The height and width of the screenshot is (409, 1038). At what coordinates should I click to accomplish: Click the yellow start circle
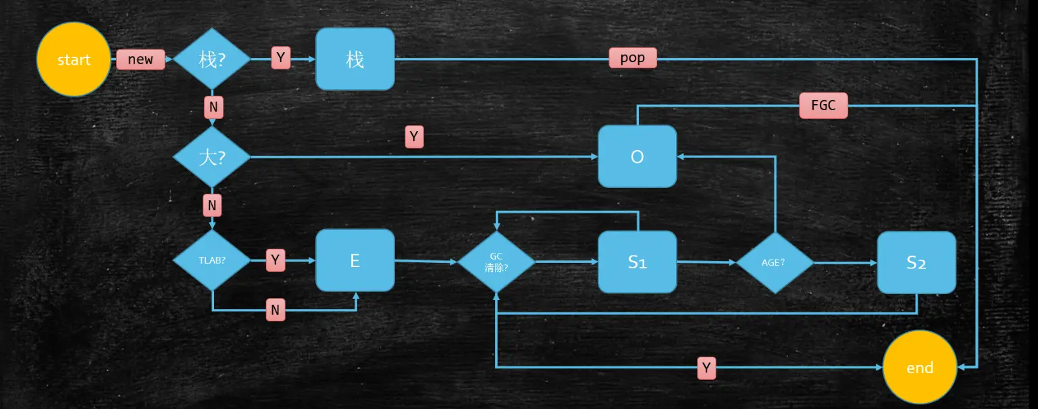click(73, 59)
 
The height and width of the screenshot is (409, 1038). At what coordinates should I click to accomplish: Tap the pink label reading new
click(140, 59)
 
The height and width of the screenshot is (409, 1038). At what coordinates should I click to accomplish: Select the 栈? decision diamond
click(212, 59)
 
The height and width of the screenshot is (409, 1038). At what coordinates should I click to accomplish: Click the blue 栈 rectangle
click(355, 59)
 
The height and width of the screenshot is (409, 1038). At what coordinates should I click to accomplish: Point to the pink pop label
click(632, 58)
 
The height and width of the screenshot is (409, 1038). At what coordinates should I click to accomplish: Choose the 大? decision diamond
click(212, 157)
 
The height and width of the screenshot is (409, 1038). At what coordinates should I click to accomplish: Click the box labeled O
click(637, 157)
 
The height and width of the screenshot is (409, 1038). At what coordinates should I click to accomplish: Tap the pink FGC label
click(823, 106)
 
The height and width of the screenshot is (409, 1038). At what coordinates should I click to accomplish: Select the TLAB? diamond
click(212, 260)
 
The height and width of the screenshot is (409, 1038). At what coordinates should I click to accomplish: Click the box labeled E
click(355, 260)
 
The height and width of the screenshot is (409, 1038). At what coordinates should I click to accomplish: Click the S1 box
click(637, 262)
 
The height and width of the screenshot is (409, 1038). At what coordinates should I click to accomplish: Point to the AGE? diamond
click(774, 262)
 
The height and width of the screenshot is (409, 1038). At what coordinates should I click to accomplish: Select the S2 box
click(916, 262)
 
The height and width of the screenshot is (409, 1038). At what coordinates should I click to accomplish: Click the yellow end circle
click(920, 368)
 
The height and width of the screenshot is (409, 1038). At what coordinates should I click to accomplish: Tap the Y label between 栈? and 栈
click(282, 58)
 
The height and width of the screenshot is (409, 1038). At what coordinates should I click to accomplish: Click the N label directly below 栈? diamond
click(213, 107)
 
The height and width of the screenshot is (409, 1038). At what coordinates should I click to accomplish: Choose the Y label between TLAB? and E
click(275, 260)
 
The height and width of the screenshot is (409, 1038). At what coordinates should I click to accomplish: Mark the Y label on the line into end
click(706, 368)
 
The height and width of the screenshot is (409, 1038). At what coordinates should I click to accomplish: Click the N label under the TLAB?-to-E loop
click(275, 310)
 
